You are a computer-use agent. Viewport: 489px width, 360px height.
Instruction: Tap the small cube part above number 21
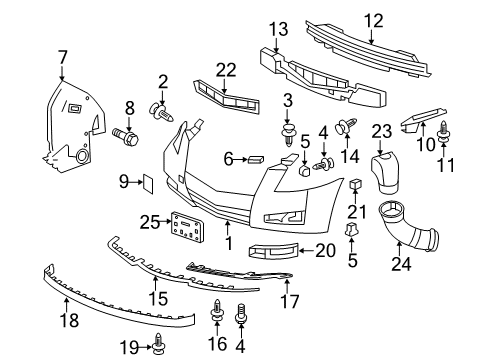click(x=356, y=184)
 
